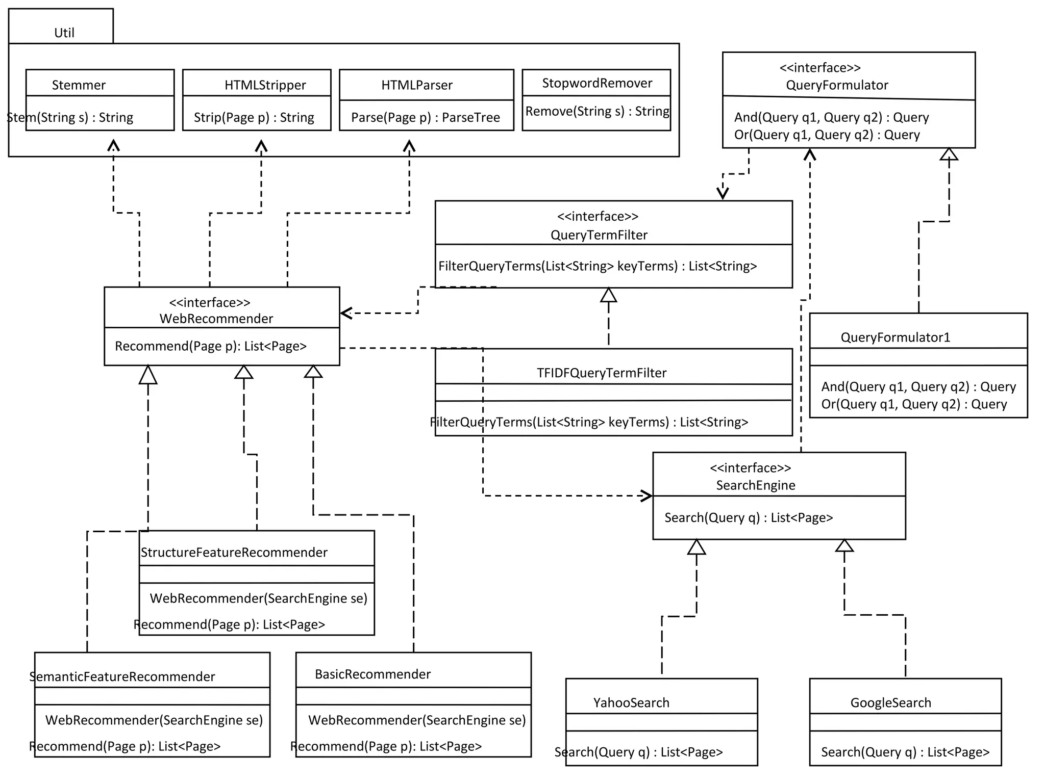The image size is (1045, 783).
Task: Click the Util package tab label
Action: (x=64, y=33)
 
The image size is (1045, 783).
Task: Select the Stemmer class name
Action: (x=79, y=85)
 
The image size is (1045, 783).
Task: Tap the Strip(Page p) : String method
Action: (x=254, y=118)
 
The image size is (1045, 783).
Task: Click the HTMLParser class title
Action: (x=416, y=85)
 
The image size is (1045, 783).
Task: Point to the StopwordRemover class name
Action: (x=596, y=83)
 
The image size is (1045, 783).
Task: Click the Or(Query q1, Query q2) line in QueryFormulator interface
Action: (x=827, y=135)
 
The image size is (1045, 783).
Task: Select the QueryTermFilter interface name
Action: (x=599, y=235)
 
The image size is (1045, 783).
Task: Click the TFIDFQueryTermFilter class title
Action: (x=601, y=373)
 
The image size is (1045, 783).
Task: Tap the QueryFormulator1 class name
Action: (x=895, y=337)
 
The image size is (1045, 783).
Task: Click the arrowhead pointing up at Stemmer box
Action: (x=113, y=145)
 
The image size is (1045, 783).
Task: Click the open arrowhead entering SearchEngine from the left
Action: (x=647, y=495)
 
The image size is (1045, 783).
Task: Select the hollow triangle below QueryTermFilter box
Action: (x=608, y=295)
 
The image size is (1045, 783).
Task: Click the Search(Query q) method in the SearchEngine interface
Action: (x=748, y=518)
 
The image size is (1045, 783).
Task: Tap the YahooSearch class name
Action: (x=631, y=703)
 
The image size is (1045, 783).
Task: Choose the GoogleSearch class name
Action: (x=890, y=703)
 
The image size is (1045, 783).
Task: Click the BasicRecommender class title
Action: (x=372, y=674)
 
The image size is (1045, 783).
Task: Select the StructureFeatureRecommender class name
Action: (x=234, y=553)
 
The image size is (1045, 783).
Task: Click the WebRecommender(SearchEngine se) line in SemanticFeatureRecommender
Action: (x=154, y=720)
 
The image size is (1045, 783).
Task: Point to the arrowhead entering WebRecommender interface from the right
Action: (x=346, y=313)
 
